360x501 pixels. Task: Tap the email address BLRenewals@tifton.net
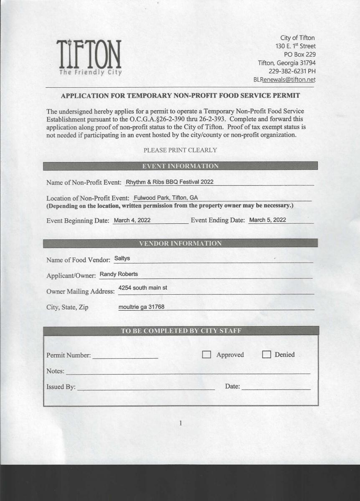click(x=284, y=79)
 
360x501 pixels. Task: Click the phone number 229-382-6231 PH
click(x=292, y=71)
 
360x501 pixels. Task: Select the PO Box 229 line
click(x=299, y=54)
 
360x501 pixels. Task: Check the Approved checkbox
click(x=206, y=355)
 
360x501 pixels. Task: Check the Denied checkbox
click(x=266, y=355)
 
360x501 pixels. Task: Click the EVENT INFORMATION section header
click(x=180, y=166)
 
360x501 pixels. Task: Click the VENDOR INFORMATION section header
click(x=180, y=243)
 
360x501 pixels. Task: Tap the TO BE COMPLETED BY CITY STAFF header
click(x=181, y=331)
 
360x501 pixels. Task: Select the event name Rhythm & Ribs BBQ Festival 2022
click(x=170, y=182)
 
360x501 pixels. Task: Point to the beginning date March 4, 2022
click(x=132, y=220)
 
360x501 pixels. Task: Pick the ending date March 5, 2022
click(x=267, y=220)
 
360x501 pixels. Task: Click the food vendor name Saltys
click(x=122, y=258)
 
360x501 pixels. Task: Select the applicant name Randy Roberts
click(x=119, y=274)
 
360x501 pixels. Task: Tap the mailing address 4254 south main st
click(x=143, y=288)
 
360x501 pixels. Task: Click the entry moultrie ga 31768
click(x=141, y=307)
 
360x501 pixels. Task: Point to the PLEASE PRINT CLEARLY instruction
click(x=180, y=150)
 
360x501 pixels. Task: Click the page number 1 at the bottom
click(x=180, y=423)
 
